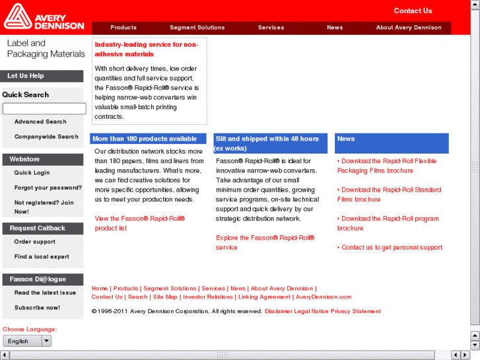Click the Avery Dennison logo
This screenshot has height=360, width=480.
(44, 18)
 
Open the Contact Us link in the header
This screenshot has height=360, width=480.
(413, 11)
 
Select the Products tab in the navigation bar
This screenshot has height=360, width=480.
(123, 28)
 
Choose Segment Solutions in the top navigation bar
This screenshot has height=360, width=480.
(197, 28)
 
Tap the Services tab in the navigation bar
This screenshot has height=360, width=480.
(271, 28)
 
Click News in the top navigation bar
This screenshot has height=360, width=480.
(335, 28)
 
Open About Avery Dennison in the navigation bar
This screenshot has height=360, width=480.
(409, 28)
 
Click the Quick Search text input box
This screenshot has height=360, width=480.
(44, 108)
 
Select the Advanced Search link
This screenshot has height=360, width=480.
(40, 122)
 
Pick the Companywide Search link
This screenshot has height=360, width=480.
(46, 137)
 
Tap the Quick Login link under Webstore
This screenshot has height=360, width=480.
(32, 173)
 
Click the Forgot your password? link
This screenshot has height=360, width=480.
(48, 188)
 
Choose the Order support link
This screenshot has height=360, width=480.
(35, 242)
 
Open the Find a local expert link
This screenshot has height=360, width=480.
(42, 257)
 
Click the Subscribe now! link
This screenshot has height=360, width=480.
(37, 308)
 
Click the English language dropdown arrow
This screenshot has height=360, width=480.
(46, 341)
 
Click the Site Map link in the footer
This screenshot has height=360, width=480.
(165, 297)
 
